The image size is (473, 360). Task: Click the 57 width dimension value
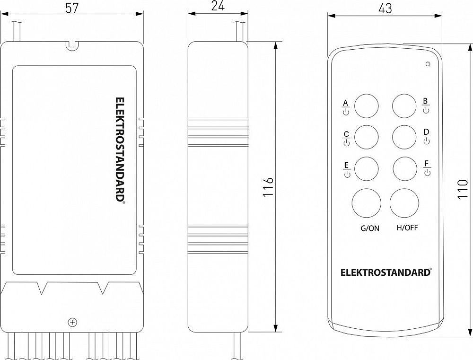pyautogui.click(x=71, y=8)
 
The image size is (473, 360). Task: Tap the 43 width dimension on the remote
pyautogui.click(x=385, y=8)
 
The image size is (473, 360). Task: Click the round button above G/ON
pyautogui.click(x=366, y=203)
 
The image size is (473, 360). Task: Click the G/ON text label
pyautogui.click(x=370, y=228)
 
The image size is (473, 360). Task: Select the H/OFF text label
pyautogui.click(x=407, y=228)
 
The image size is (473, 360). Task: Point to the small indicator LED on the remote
pyautogui.click(x=428, y=63)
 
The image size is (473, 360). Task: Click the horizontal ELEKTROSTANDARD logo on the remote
pyautogui.click(x=386, y=272)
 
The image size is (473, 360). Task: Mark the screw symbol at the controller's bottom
pyautogui.click(x=72, y=322)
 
